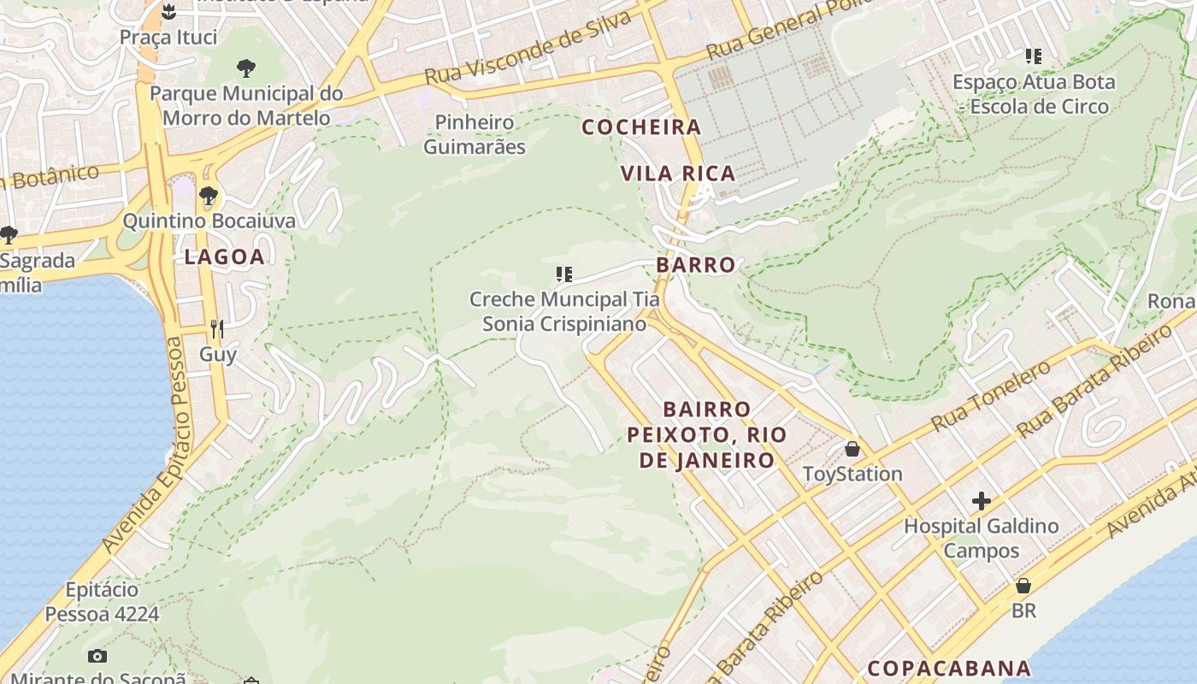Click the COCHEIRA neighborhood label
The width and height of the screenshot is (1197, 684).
641,127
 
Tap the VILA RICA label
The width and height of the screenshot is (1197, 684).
678,174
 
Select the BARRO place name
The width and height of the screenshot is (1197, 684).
696,265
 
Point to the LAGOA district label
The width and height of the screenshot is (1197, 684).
224,256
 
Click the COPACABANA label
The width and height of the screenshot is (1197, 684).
949,668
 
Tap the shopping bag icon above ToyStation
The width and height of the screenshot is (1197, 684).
852,449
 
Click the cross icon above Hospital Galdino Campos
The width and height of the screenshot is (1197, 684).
982,501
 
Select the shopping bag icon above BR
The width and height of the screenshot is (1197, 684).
1023,587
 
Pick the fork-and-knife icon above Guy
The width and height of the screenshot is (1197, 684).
217,329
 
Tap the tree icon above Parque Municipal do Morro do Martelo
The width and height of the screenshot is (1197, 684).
246,68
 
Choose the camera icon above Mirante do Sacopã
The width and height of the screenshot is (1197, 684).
97,657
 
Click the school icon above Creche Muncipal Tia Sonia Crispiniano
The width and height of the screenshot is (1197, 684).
563,274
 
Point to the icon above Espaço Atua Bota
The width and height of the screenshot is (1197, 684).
1034,57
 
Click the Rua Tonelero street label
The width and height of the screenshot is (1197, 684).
991,396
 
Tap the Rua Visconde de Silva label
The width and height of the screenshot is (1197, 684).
528,48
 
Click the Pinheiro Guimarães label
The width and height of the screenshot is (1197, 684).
475,134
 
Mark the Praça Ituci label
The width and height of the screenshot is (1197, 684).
168,38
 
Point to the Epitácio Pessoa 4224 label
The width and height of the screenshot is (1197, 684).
102,602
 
